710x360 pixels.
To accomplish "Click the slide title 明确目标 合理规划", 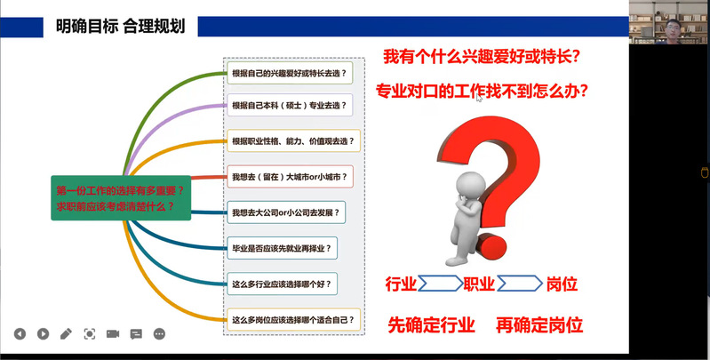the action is (121, 27).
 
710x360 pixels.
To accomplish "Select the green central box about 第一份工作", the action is (121, 198).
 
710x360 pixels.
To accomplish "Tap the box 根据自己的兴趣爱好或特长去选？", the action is (290, 74).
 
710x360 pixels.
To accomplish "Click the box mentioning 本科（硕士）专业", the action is (290, 106).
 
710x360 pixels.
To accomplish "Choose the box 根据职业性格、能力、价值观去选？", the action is (293, 140).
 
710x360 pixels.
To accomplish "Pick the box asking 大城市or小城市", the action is (290, 177).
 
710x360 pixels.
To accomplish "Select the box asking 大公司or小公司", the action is (286, 212).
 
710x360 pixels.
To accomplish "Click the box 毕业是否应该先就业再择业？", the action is (282, 248).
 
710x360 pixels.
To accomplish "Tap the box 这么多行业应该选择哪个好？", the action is (282, 284).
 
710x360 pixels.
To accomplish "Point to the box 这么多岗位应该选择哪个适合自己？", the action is (293, 320).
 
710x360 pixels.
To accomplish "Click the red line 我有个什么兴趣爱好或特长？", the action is (482, 57).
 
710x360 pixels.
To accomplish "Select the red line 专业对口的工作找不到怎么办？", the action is (482, 91).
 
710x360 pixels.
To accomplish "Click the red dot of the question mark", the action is (491, 247).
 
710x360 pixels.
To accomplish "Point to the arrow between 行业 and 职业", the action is (440, 284).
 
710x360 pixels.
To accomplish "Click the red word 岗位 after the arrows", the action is (562, 284).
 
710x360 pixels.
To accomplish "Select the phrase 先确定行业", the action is (432, 325).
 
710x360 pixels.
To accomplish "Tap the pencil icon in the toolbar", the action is (66, 334).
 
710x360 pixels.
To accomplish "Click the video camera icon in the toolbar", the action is (113, 334).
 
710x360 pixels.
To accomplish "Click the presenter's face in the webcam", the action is (673, 28).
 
